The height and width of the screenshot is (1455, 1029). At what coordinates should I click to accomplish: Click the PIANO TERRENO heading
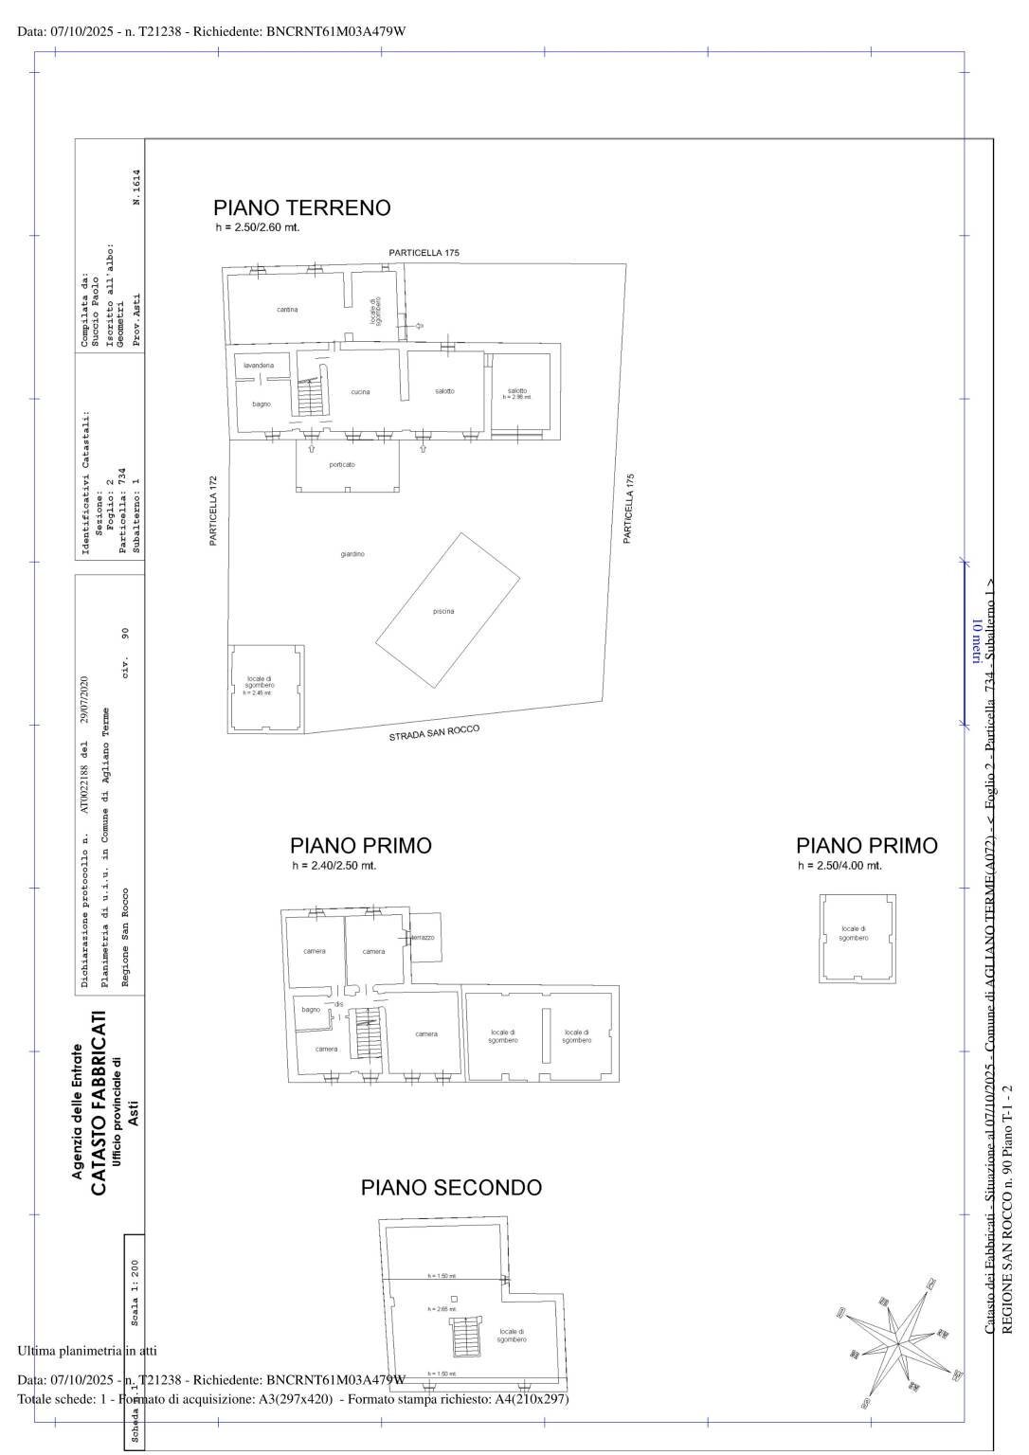(301, 207)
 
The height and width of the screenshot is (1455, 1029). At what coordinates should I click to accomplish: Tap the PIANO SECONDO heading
(451, 1187)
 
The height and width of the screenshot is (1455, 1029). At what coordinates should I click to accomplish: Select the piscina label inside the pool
(443, 612)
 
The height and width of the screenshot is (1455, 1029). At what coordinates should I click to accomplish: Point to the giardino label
(352, 554)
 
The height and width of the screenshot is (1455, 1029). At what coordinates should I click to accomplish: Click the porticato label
(342, 465)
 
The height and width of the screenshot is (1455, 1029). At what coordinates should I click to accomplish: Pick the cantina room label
(287, 310)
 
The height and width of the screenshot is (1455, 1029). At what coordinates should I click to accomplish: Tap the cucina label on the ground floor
(360, 392)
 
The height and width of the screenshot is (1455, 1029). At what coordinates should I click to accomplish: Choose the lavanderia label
(259, 366)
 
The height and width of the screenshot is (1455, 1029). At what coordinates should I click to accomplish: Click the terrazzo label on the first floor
(423, 938)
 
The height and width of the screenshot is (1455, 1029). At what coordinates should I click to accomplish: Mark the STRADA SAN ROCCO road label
(434, 733)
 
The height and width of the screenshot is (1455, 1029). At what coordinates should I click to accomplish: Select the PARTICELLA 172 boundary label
(214, 511)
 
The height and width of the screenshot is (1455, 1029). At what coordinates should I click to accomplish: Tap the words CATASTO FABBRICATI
(98, 1105)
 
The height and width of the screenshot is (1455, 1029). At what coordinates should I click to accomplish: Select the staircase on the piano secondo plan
(465, 1337)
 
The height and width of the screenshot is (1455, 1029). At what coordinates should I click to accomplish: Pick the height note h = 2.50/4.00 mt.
(839, 866)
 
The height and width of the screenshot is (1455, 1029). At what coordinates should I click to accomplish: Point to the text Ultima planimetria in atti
(87, 1350)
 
